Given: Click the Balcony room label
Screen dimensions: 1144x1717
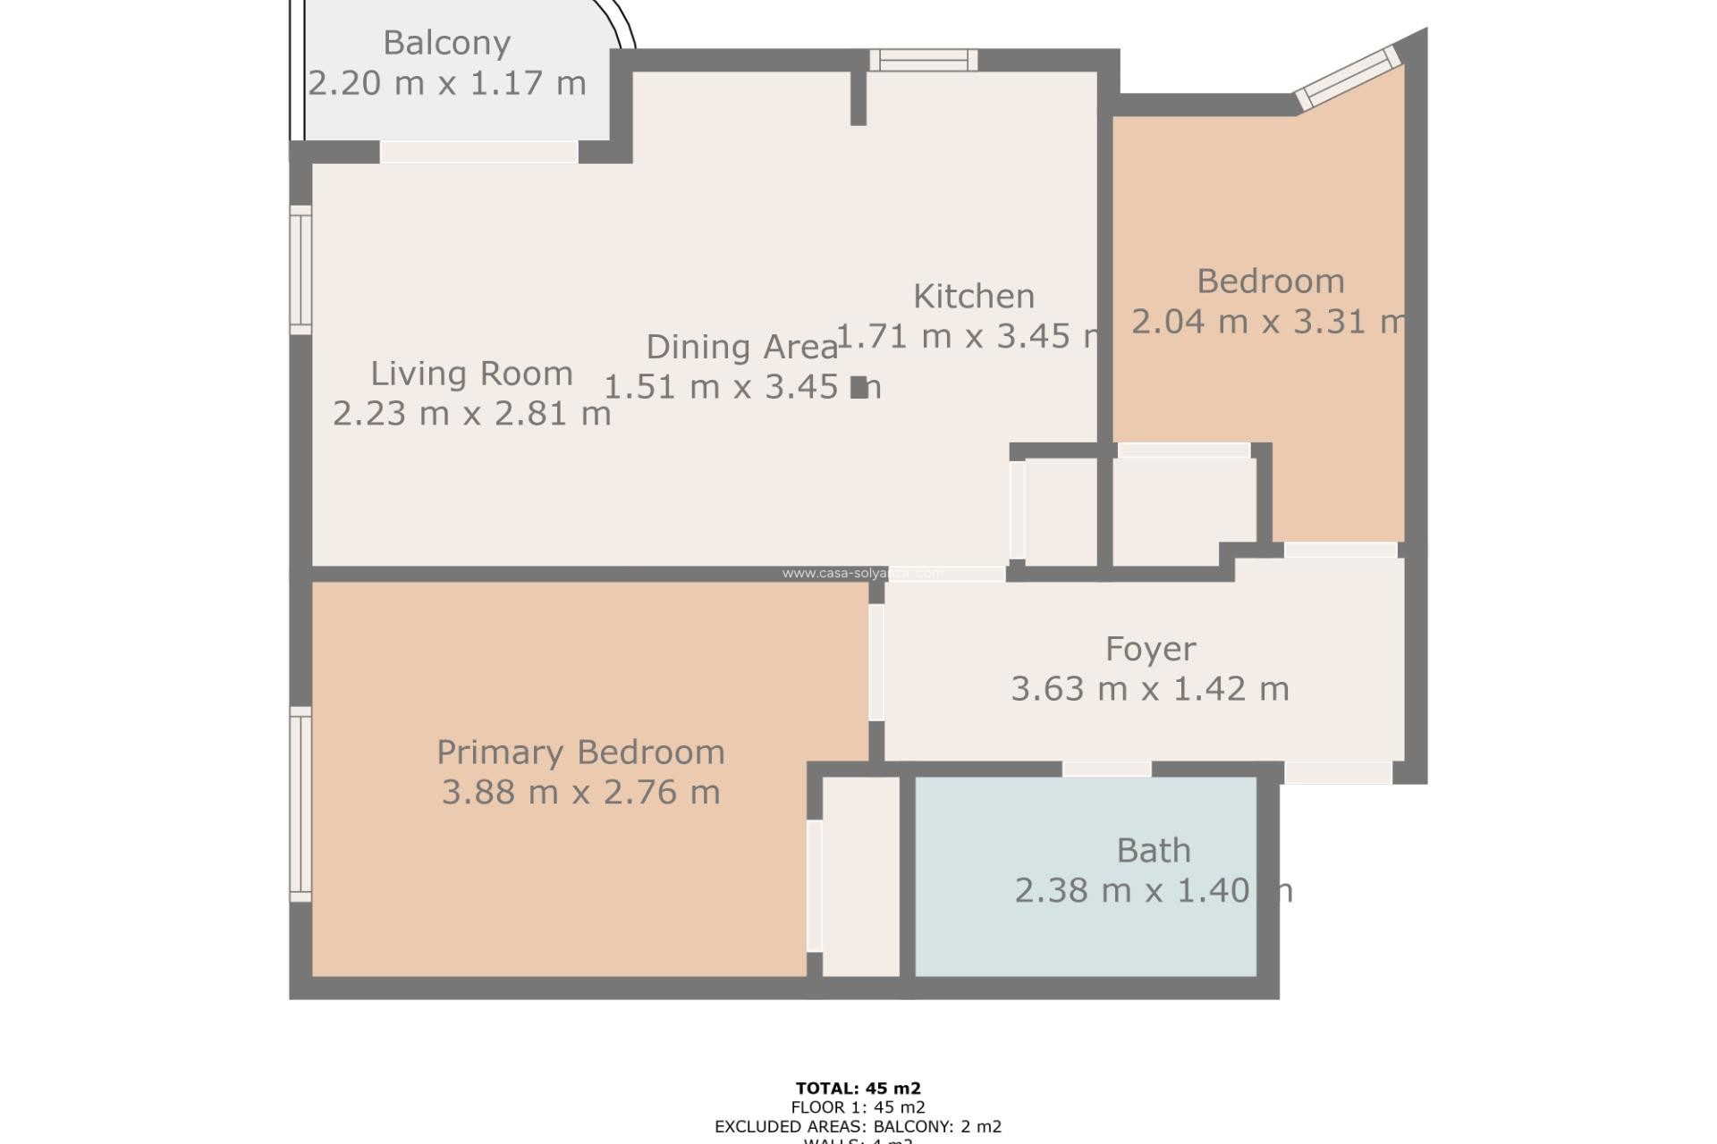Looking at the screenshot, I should pos(446,42).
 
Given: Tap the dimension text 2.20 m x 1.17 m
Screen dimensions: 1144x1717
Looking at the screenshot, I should pos(446,83).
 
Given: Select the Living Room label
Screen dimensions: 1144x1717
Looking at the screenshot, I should pos(471,374).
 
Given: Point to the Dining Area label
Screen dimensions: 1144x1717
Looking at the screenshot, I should pos(741,347).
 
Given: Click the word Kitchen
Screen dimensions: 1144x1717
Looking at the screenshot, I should pos(973,296).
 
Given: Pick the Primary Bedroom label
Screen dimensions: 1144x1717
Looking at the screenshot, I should pos(580,753).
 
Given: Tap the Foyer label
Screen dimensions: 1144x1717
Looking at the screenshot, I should pos(1150,649).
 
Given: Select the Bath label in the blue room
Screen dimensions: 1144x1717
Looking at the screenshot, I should pos(1153,850).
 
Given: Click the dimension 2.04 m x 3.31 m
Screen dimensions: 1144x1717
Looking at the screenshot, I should pos(1268,322).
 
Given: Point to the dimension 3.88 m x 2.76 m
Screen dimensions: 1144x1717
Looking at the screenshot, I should pos(580,793).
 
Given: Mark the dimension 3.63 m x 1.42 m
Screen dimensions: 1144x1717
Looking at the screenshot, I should pos(1150,689).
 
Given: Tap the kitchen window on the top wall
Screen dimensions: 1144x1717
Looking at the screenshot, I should pos(924,60).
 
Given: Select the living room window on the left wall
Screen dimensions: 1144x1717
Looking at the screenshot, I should pos(301,271).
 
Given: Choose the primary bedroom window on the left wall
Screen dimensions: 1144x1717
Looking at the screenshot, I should pos(301,803).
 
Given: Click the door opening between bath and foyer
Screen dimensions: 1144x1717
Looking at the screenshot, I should pos(1106,769).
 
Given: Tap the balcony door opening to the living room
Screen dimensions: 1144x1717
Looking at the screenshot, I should pos(478,152).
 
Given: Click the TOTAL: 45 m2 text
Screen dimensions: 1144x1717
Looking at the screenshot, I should pos(858,1089).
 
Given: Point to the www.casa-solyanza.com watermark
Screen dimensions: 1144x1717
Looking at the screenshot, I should pos(862,573).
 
